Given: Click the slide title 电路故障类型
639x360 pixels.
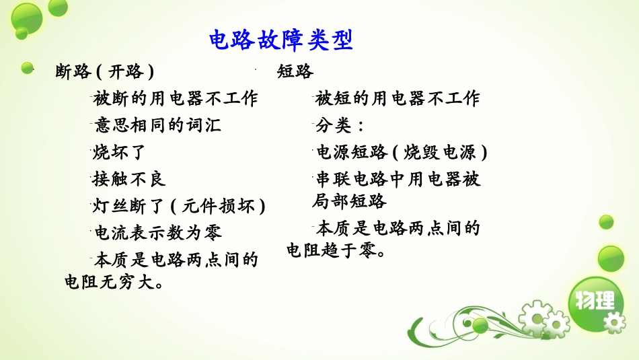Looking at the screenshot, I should click(x=281, y=40).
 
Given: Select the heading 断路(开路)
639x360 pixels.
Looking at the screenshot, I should click(x=104, y=72).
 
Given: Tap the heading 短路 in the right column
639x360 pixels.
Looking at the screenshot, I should click(x=295, y=72).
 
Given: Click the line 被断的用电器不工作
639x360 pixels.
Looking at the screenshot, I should click(x=176, y=99).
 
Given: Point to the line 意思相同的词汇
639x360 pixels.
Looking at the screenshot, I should click(x=157, y=126).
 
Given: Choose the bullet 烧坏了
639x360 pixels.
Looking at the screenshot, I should click(x=120, y=153).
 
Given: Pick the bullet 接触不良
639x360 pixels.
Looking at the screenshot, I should click(x=129, y=179).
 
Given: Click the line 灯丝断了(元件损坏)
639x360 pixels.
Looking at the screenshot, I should click(x=179, y=206).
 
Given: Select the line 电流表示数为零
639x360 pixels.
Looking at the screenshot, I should click(x=157, y=233).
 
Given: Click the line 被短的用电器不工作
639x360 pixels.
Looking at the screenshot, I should click(x=397, y=99).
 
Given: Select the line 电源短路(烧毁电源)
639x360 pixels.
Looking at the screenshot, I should click(x=401, y=153).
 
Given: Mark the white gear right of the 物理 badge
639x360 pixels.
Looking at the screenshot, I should click(x=613, y=323).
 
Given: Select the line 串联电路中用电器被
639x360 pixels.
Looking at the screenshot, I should click(x=398, y=180).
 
